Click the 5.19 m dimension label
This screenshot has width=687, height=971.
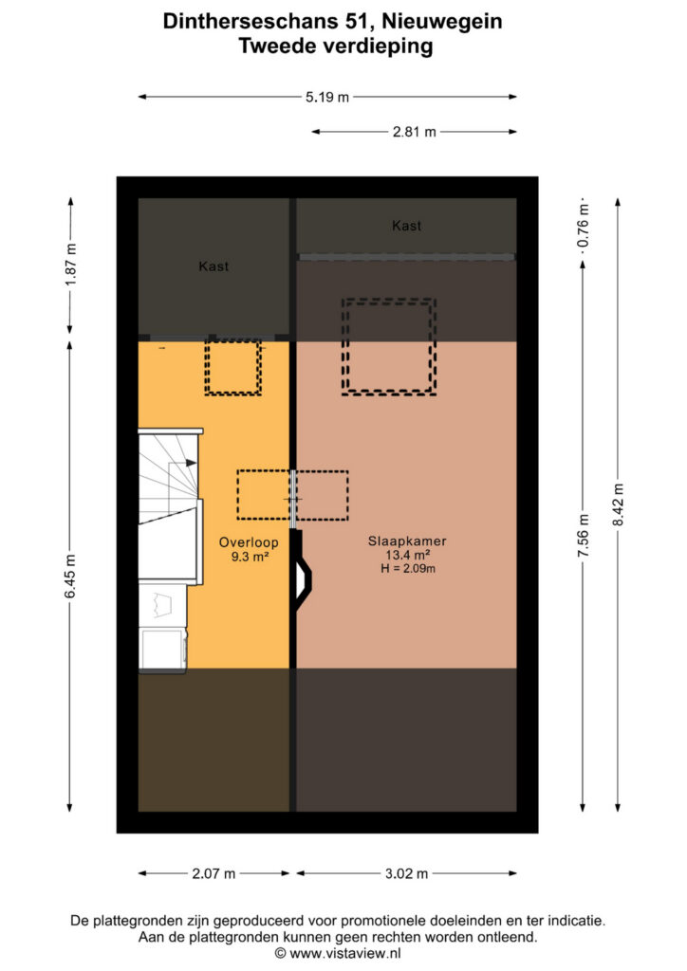327,97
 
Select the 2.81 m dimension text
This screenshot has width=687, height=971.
415,131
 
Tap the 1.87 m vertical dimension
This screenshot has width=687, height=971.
71,266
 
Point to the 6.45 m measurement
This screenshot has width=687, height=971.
70,577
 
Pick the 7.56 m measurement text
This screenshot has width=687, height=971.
584,535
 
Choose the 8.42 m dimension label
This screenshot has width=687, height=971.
619,504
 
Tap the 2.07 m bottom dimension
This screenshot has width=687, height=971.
214,873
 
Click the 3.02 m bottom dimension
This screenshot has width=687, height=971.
406,873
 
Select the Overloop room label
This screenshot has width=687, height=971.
249,541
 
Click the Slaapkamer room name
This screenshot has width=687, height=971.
407,540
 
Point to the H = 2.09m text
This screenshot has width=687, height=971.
408,569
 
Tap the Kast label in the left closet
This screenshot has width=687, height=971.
214,266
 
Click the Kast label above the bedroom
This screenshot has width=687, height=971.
406,226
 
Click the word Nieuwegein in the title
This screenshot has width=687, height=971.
441,22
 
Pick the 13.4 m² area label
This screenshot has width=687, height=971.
408,555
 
